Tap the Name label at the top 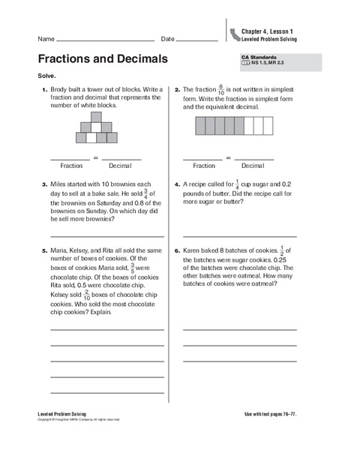(45, 39)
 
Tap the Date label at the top (167, 39)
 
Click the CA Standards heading (257, 57)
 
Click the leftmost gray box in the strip (200, 125)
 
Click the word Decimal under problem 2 (253, 165)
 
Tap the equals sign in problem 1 (96, 157)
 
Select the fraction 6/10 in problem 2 (241, 89)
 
